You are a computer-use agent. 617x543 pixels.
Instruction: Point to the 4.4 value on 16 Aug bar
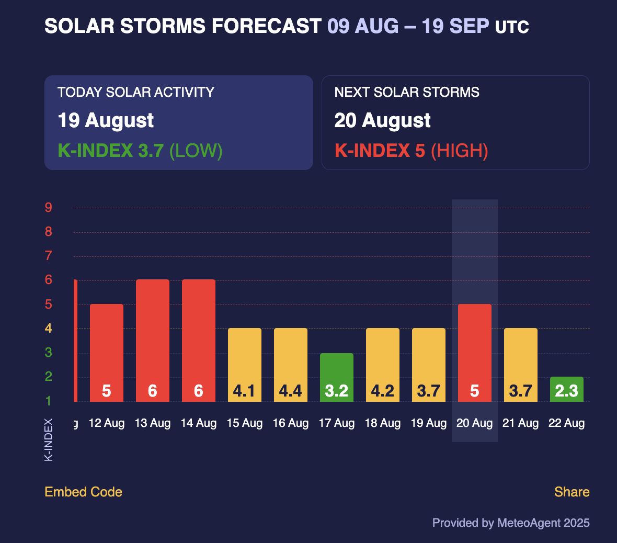pyautogui.click(x=290, y=391)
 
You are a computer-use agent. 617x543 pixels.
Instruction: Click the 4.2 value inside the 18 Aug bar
pyautogui.click(x=382, y=391)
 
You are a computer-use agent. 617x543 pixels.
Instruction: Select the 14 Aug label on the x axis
pyautogui.click(x=198, y=423)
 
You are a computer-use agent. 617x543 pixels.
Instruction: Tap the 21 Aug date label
pyautogui.click(x=520, y=423)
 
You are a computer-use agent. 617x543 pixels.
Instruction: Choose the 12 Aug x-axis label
pyautogui.click(x=107, y=423)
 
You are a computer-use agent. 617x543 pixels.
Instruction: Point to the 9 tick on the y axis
pyautogui.click(x=49, y=208)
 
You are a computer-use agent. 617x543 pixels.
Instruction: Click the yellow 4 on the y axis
pyautogui.click(x=49, y=329)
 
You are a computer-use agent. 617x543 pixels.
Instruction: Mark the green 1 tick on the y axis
pyautogui.click(x=49, y=401)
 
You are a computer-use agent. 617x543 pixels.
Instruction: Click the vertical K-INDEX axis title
pyautogui.click(x=49, y=439)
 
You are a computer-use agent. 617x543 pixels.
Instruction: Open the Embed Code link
pyautogui.click(x=83, y=492)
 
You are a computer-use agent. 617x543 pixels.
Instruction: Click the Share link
pyautogui.click(x=572, y=492)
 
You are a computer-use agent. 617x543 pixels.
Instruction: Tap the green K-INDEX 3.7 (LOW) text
pyautogui.click(x=140, y=151)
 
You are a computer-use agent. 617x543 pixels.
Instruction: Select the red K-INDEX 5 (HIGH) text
pyautogui.click(x=411, y=151)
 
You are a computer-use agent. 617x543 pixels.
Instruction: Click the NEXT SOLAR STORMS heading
pyautogui.click(x=407, y=93)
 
